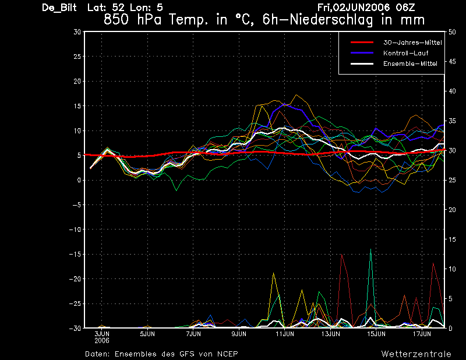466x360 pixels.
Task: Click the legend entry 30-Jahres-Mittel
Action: (x=412, y=43)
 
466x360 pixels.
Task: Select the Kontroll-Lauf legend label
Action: (x=405, y=53)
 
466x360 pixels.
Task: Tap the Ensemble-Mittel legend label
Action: (x=410, y=63)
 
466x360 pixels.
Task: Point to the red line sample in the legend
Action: (x=362, y=43)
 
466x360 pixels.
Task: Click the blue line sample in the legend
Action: (x=362, y=53)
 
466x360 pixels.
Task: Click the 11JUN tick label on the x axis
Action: (x=285, y=334)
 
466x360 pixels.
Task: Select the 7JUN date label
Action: (x=193, y=334)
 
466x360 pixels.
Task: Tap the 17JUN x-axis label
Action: (x=422, y=334)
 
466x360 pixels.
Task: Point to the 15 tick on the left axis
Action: (x=77, y=106)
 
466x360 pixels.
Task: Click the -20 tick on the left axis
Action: (x=75, y=279)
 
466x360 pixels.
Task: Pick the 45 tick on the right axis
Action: (x=452, y=62)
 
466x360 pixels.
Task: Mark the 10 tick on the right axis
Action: (x=452, y=269)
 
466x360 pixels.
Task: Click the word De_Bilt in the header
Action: (x=59, y=8)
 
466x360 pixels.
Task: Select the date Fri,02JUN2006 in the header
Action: (x=354, y=8)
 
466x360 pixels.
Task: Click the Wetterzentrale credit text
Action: (x=416, y=354)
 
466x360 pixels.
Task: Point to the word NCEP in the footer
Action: (x=228, y=354)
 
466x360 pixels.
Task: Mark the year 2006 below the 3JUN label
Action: (x=102, y=341)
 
